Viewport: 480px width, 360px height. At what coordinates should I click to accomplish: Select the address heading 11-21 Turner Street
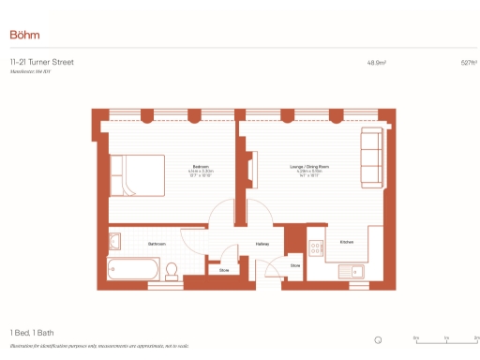(41, 62)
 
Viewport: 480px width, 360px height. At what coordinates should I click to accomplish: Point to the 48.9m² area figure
(377, 63)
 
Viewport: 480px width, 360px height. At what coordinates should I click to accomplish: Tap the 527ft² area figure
(469, 63)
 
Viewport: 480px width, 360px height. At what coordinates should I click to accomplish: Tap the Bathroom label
(157, 243)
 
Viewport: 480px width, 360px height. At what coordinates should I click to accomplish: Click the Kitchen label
(346, 242)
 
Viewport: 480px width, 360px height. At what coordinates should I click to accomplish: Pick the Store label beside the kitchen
(295, 265)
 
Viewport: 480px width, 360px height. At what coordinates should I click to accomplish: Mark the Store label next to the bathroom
(224, 270)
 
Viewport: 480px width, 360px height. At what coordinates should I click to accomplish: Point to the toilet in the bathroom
(172, 272)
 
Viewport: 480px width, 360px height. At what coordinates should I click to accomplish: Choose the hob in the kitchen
(317, 248)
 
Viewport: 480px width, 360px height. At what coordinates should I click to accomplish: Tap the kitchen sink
(354, 271)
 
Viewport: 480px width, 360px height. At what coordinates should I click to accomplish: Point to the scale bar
(446, 340)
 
